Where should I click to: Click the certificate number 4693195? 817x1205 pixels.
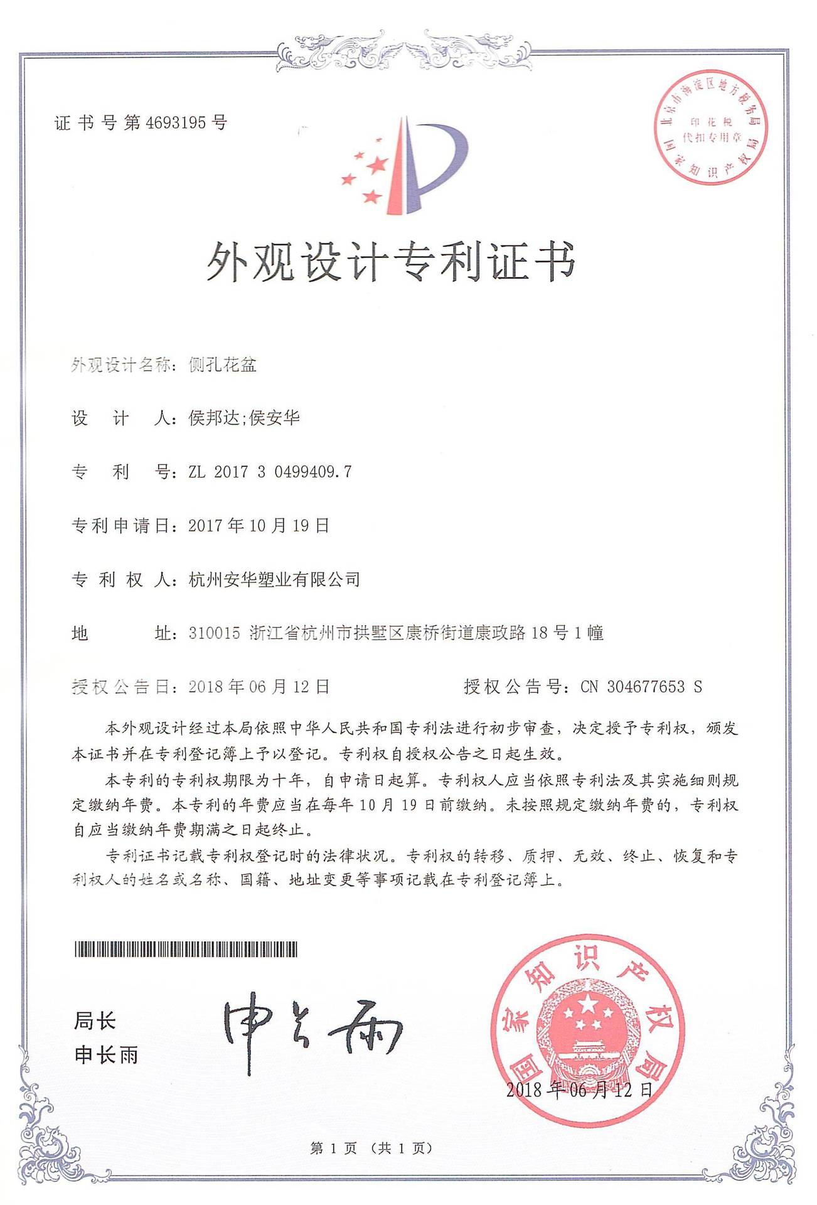(x=176, y=122)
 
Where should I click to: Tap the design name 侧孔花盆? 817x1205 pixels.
(x=223, y=365)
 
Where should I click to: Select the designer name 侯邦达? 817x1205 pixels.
(x=214, y=418)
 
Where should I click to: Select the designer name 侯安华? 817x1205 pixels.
(x=275, y=418)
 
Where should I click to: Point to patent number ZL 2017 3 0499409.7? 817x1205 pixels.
(x=270, y=472)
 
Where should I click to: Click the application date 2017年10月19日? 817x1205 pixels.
(x=259, y=526)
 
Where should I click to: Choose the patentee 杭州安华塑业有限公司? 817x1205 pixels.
(x=274, y=579)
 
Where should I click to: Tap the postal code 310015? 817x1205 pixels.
(x=214, y=633)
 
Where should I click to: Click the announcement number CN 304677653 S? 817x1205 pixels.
(x=641, y=687)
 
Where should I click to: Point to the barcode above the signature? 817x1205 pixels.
(x=186, y=950)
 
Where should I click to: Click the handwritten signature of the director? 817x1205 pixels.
(x=311, y=1030)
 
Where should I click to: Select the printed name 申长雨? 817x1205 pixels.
(x=106, y=1055)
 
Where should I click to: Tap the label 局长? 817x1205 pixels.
(x=95, y=1021)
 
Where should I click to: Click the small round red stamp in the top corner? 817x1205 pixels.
(x=711, y=127)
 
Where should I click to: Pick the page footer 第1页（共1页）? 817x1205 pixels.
(x=371, y=1149)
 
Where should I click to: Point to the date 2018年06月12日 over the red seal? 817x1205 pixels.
(x=579, y=1090)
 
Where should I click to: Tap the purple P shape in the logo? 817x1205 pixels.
(x=439, y=157)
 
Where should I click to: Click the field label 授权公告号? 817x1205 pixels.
(x=512, y=687)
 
